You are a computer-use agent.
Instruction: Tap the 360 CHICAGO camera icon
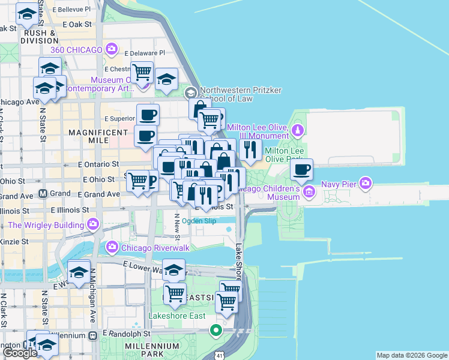pyautogui.click(x=111, y=49)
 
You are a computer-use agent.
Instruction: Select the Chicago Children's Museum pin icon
pyautogui.click(x=309, y=192)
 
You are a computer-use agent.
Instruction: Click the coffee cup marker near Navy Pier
pyautogui.click(x=302, y=170)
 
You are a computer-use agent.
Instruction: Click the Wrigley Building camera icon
pyautogui.click(x=92, y=225)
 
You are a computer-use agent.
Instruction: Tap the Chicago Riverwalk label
pyautogui.click(x=147, y=247)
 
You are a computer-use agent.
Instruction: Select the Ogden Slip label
pyautogui.click(x=199, y=221)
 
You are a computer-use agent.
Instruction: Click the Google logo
pyautogui.click(x=20, y=353)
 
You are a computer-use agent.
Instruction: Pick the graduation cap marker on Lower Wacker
pyautogui.click(x=174, y=271)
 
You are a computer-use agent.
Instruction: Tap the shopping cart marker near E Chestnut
pyautogui.click(x=142, y=73)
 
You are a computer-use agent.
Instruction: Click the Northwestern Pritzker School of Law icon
pyautogui.click(x=190, y=92)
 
